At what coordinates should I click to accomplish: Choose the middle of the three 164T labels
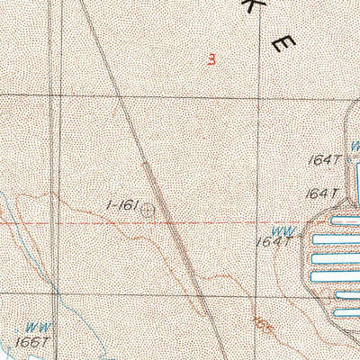click(x=319, y=193)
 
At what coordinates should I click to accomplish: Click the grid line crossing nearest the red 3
click(x=259, y=95)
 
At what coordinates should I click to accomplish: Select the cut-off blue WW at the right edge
click(x=355, y=144)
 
